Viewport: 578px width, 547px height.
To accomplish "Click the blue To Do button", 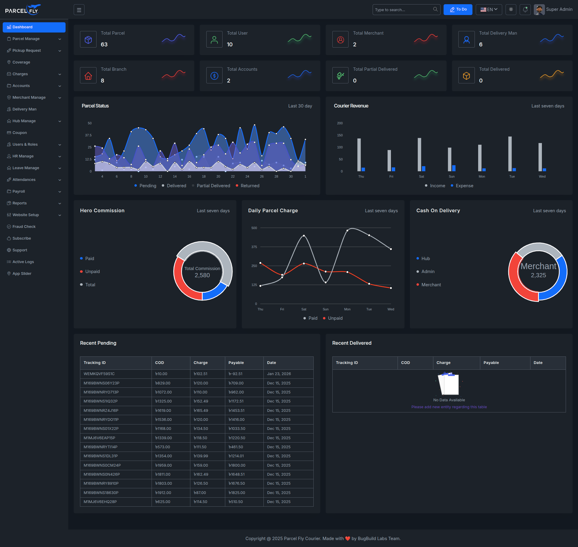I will pos(458,10).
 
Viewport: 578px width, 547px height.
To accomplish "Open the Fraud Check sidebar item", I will pos(24,227).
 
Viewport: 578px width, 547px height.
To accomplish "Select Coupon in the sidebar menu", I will pos(20,133).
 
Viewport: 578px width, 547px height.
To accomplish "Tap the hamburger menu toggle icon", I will pos(79,10).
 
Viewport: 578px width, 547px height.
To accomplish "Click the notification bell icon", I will pos(525,10).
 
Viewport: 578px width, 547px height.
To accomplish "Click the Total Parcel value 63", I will pos(104,45).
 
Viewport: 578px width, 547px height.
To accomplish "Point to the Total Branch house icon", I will pos(88,76).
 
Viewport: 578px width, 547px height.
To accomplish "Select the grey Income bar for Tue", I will pos(510,154).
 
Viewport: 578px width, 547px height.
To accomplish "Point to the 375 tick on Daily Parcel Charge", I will pos(254,247).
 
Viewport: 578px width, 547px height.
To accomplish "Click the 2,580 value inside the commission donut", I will pos(202,275).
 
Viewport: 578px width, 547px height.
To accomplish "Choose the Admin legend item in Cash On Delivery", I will pos(428,272).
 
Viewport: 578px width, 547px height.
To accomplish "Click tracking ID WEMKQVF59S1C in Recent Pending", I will pos(99,374).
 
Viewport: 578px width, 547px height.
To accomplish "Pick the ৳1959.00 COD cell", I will pos(164,465).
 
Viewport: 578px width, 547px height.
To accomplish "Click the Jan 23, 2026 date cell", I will pos(279,374).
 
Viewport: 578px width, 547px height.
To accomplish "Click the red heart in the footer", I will pos(348,539).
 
